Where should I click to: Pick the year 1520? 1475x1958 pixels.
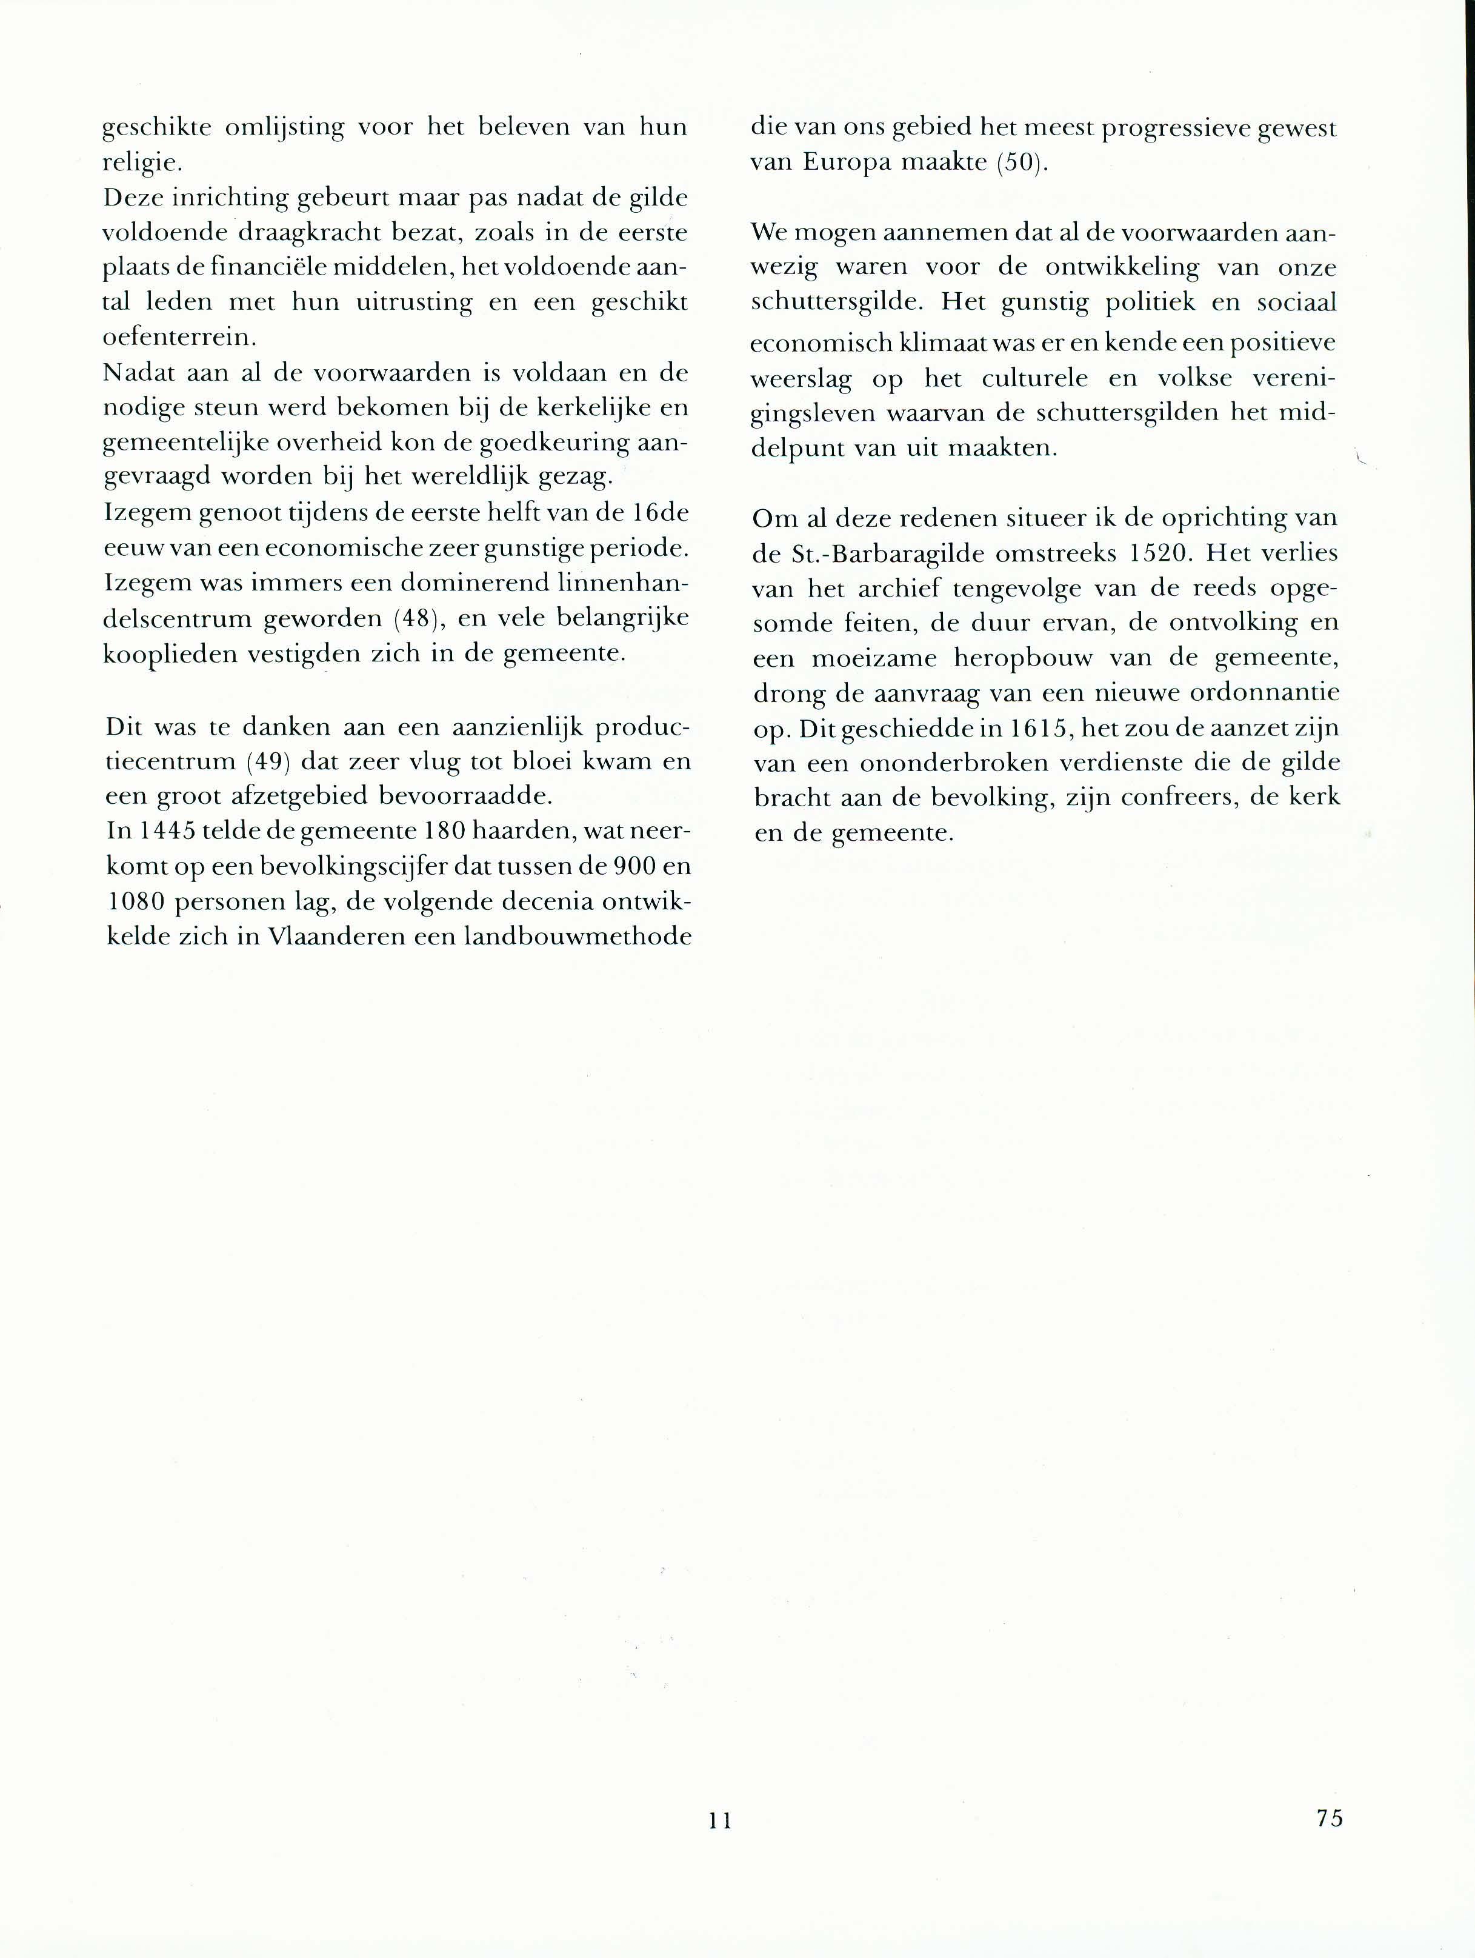[1146, 553]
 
